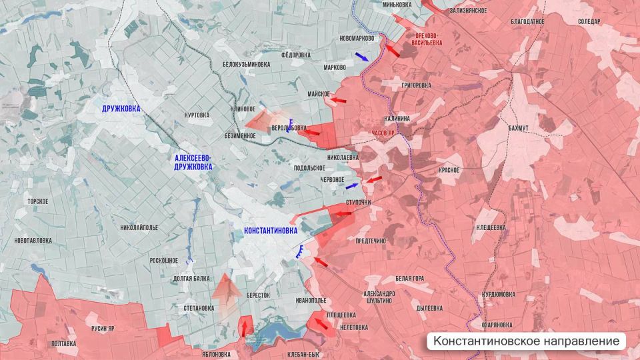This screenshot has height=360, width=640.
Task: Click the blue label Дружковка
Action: click(121, 108)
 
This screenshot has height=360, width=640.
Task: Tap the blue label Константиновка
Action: click(271, 231)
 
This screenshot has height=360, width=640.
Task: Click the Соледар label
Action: click(589, 21)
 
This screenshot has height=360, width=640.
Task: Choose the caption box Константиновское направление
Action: click(527, 341)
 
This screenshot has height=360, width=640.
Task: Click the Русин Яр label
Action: click(103, 329)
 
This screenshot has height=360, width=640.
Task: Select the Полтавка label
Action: click(63, 343)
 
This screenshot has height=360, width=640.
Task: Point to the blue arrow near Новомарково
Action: click(361, 57)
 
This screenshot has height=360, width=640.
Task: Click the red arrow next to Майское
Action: click(339, 100)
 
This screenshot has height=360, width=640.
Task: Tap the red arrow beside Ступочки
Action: click(343, 214)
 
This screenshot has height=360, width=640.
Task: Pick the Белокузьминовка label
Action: click(246, 65)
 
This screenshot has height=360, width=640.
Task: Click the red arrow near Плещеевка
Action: click(325, 325)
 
